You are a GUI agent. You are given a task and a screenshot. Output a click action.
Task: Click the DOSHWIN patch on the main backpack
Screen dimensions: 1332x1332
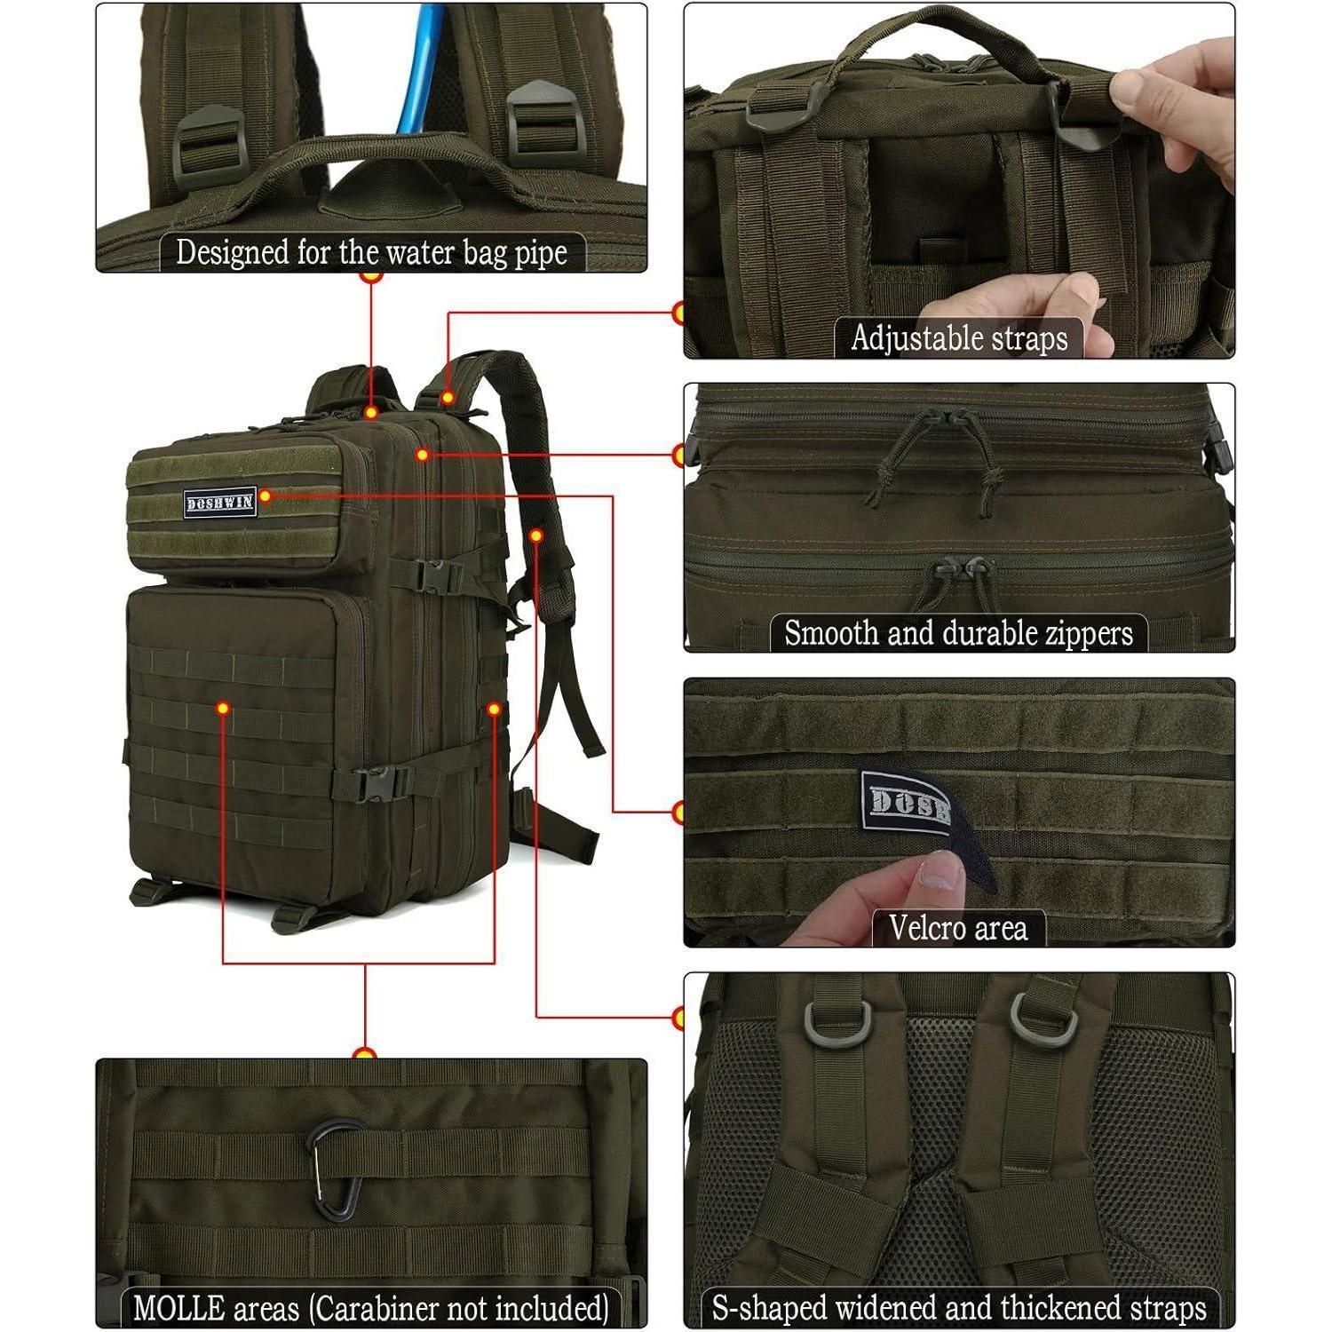[x=220, y=503]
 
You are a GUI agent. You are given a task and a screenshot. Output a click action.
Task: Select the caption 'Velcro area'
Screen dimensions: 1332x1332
[x=958, y=928]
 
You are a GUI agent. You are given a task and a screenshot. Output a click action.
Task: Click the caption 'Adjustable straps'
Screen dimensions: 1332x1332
[x=959, y=338]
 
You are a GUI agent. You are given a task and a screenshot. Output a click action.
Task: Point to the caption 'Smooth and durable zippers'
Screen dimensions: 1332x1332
[x=958, y=633]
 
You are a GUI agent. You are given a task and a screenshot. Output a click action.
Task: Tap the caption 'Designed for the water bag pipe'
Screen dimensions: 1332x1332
[x=371, y=252]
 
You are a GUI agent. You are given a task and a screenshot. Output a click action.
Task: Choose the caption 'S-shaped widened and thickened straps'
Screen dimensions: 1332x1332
[x=959, y=1308]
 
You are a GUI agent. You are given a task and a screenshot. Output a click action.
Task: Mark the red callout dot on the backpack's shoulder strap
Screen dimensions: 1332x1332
[x=536, y=535]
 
